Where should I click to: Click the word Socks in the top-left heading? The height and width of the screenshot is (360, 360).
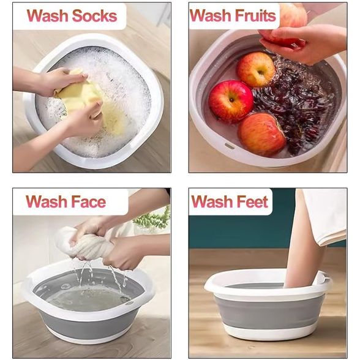(94, 16)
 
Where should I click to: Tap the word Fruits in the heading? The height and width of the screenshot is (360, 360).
(255, 15)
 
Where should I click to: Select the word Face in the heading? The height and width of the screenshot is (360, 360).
(88, 201)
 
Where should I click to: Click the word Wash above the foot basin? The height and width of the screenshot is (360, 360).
(211, 201)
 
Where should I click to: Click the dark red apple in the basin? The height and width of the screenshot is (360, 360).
(231, 101)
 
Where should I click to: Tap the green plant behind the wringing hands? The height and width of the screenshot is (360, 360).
(152, 218)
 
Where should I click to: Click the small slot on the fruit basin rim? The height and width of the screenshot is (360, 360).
(230, 146)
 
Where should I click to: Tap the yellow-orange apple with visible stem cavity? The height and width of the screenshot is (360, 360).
(256, 69)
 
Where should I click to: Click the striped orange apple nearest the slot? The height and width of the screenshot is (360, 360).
(262, 134)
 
